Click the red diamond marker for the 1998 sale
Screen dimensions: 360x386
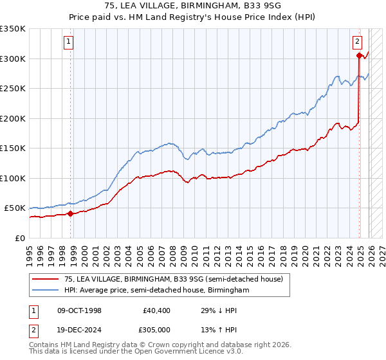71,214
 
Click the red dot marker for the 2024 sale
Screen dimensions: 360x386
359,56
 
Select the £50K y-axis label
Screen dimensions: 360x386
15,208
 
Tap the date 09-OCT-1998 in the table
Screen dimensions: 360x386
79,310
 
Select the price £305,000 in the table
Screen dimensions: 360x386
158,331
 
